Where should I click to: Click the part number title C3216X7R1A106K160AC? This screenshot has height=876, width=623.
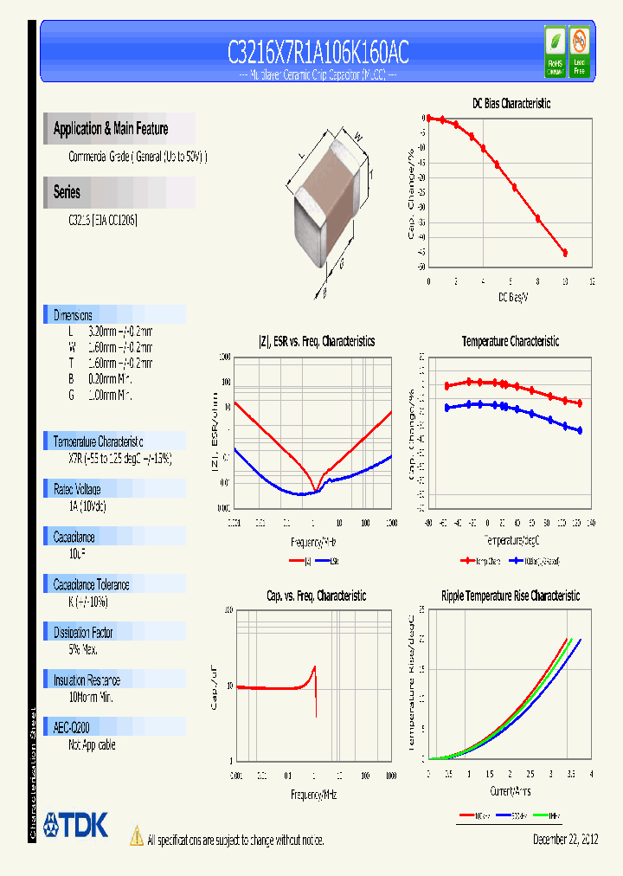tap(318, 53)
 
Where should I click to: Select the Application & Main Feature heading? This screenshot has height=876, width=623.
tap(111, 129)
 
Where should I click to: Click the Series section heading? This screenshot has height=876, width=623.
tap(67, 192)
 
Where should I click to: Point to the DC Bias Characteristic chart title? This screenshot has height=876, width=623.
tap(511, 103)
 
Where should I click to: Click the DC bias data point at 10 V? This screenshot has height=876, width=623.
tap(565, 253)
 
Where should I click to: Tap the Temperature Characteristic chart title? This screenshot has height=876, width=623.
tap(511, 341)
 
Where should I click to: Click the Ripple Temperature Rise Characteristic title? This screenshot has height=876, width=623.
tap(511, 596)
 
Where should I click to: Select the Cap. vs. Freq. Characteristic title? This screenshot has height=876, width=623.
tap(316, 596)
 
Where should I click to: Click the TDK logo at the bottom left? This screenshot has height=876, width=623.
tap(75, 825)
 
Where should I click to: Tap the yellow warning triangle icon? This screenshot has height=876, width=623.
tap(136, 835)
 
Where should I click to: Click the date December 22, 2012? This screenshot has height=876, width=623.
tap(563, 840)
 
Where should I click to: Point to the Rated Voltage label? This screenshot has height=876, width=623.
tap(77, 489)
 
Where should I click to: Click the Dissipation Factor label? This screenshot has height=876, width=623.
tap(83, 633)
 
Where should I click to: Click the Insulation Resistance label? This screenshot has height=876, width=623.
tap(87, 680)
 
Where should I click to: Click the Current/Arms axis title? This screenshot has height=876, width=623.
tap(511, 791)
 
